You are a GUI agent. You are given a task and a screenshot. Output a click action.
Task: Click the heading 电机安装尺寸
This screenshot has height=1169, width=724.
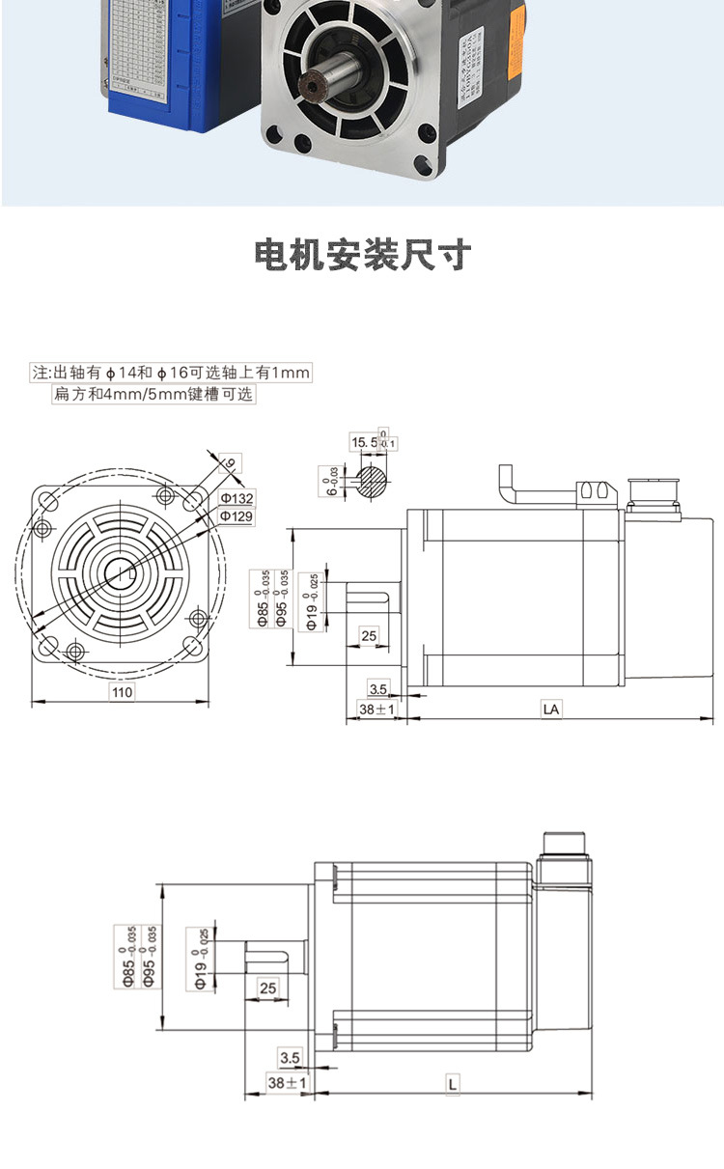pos(362,255)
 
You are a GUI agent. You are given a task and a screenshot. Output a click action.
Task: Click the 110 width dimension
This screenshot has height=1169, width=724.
pos(122,692)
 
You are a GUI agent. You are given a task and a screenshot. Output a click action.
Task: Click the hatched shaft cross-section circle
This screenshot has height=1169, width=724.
pos(373,481)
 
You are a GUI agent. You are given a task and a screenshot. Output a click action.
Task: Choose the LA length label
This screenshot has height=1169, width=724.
pos(551,710)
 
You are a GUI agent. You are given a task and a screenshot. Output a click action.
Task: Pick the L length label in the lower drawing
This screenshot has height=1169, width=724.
pos(452,1084)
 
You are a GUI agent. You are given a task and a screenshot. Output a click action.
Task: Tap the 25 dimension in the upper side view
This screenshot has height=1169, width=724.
pos(369,635)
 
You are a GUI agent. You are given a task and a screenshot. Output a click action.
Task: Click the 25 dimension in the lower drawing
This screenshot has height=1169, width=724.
pos(267,988)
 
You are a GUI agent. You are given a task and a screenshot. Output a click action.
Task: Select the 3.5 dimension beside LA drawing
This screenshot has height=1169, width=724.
pos(378,688)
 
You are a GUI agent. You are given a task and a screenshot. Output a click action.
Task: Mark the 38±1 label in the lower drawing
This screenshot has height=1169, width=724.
pos(287,1084)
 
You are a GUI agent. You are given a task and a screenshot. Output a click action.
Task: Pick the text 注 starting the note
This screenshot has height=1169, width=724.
pos(40,373)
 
